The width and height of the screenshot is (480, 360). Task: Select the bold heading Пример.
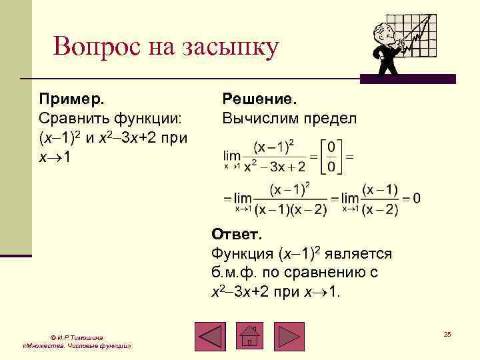(71, 99)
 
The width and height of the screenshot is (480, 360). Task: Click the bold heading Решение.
(259, 99)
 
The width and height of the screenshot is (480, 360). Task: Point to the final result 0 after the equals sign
(417, 198)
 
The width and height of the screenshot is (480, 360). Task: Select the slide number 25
(447, 333)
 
